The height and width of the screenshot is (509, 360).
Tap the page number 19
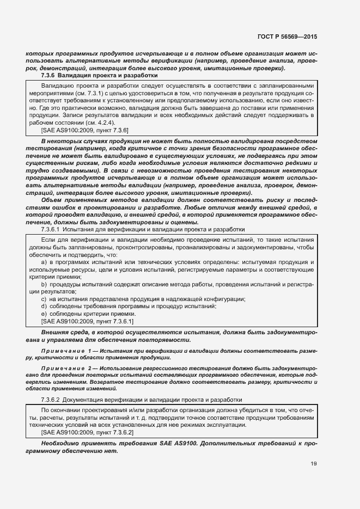point(313,463)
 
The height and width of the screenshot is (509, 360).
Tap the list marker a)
point(44,262)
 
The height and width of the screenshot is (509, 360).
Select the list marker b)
point(44,285)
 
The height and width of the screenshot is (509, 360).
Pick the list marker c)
point(44,299)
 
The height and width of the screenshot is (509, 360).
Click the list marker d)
point(44,307)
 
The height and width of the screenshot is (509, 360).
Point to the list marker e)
point(44,315)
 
